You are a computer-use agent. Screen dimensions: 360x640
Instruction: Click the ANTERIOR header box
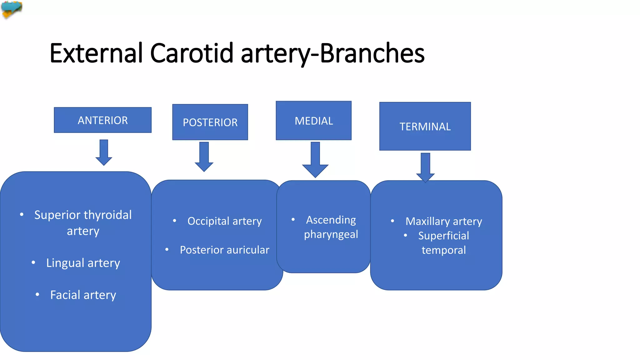(x=102, y=120)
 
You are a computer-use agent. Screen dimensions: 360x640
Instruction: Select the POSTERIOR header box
(x=210, y=122)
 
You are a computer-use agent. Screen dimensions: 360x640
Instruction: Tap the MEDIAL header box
(x=313, y=121)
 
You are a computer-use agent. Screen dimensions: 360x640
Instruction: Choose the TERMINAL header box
(x=425, y=126)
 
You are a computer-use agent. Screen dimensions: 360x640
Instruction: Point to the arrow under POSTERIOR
(x=204, y=157)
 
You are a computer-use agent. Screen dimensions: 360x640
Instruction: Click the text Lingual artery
(x=83, y=263)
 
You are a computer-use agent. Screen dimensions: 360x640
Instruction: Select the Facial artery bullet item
(x=83, y=295)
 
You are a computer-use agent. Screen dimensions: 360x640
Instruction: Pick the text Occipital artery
(x=224, y=221)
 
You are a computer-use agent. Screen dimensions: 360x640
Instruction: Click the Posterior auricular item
(x=224, y=250)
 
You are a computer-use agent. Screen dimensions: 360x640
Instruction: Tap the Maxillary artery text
(x=444, y=221)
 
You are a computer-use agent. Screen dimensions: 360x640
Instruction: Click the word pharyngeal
(x=331, y=234)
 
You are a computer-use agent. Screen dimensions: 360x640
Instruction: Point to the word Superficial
(x=443, y=236)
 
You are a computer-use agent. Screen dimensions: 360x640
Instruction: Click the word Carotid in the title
(x=192, y=53)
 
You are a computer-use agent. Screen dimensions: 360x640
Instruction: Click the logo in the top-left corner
(x=12, y=9)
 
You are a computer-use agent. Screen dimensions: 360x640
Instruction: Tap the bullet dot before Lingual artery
(x=33, y=262)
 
